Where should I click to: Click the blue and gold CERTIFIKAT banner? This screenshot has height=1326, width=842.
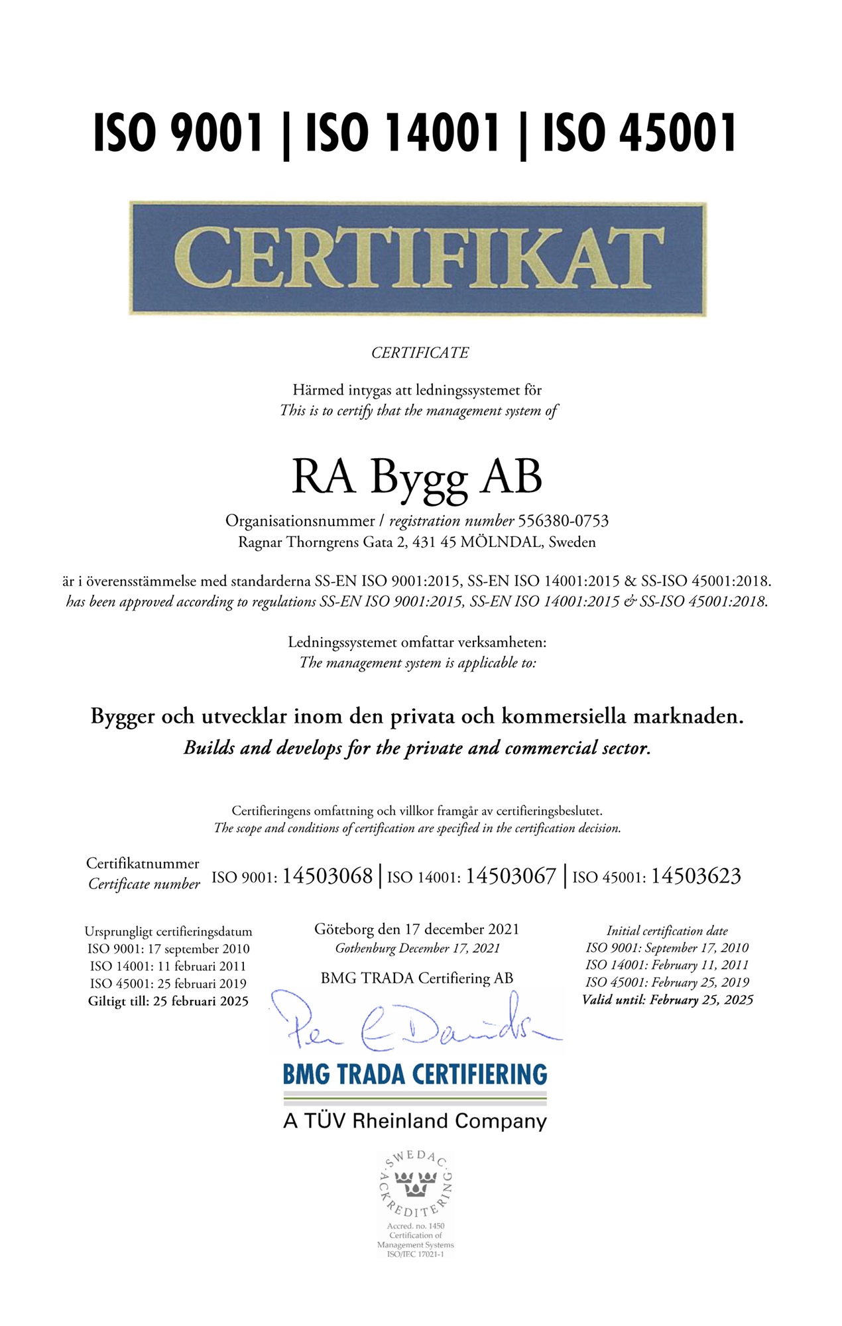coord(418,259)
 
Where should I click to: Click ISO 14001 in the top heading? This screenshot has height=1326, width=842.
coord(402,133)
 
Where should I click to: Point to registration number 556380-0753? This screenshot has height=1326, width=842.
coord(563,521)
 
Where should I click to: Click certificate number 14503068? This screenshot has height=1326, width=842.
coord(328,876)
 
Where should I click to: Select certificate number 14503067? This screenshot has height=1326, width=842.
coord(511,876)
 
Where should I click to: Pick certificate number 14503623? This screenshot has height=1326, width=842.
coord(695,876)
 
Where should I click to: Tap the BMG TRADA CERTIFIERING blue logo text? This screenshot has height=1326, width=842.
coord(415,1075)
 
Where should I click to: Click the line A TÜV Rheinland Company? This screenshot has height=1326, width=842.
coord(415,1121)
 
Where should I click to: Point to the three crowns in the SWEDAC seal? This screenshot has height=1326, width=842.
coord(416,1183)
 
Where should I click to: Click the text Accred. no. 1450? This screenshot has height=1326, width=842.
coord(416,1226)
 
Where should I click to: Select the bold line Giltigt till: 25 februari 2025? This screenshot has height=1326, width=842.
coord(168,1001)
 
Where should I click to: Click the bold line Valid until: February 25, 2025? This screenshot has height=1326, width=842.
coord(668,1000)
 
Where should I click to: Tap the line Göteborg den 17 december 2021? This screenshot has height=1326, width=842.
coord(417,930)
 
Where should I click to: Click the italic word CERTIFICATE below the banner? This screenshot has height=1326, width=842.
coord(420,353)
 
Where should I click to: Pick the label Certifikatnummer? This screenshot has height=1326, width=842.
coord(143,864)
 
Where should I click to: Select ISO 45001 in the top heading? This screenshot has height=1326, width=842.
coord(640,133)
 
